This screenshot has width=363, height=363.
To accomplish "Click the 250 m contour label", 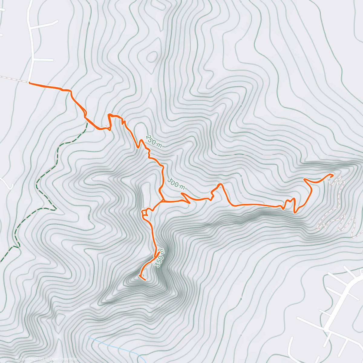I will [x=154, y=141].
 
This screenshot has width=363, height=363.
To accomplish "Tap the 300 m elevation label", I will [x=176, y=184].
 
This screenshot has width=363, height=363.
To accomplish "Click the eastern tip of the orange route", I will [x=333, y=175].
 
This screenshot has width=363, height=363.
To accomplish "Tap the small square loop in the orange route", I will [x=145, y=212].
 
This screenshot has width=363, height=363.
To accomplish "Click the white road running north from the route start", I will [x=31, y=45].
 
